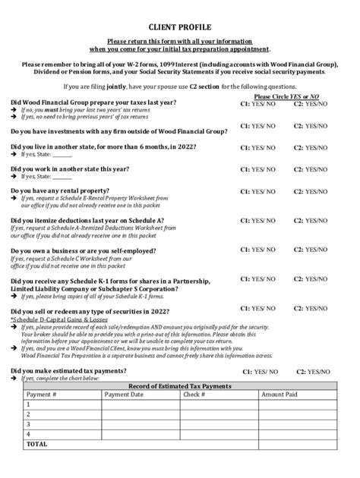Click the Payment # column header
click(42, 395)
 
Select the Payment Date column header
click(124, 395)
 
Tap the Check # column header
click(194, 395)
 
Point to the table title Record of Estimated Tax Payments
click(181, 385)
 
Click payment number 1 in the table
click(28, 404)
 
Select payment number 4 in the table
click(28, 434)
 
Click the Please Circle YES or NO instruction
click(286, 97)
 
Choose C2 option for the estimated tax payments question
click(311, 373)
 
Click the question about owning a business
click(83, 250)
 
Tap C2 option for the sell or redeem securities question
click(311, 309)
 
